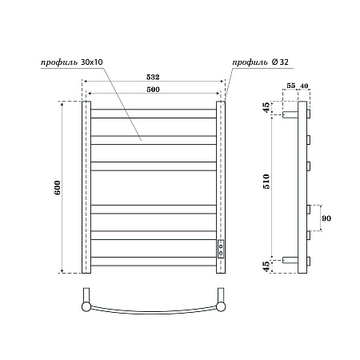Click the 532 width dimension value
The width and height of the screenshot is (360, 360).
153,77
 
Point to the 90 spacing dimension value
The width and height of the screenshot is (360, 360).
326,218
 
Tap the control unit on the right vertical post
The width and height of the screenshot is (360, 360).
222,248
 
